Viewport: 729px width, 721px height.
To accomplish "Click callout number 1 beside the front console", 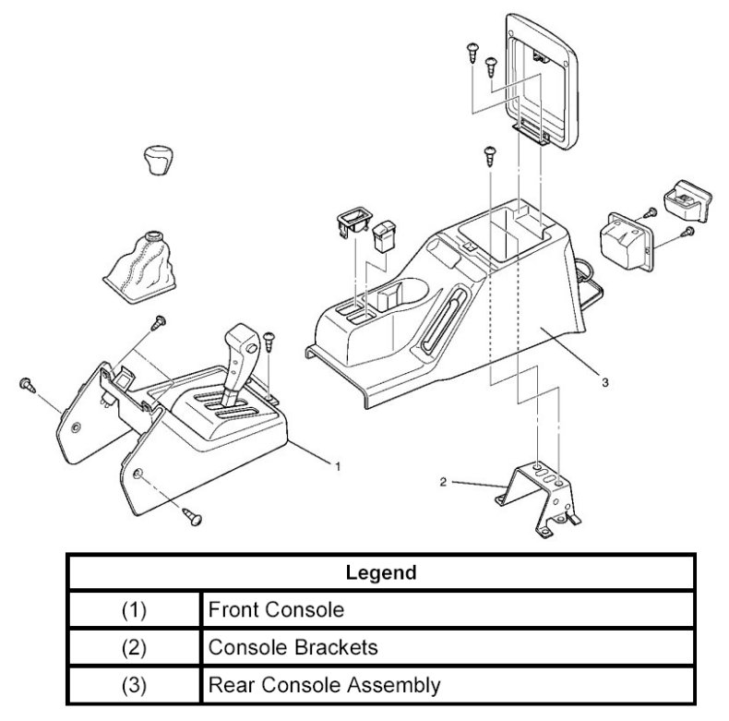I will [338, 467].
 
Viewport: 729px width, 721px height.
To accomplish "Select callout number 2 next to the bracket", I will [444, 482].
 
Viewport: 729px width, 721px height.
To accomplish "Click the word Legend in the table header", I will [380, 572].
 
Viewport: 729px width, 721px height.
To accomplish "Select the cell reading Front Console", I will [262, 610].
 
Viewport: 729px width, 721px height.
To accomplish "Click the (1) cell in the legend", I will [135, 610].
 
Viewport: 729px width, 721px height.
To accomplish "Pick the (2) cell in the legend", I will [135, 648].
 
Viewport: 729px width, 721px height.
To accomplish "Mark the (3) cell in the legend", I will [135, 686].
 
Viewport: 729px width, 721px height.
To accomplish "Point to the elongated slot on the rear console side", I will [441, 318].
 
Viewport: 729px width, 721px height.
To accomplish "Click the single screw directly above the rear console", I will [487, 154].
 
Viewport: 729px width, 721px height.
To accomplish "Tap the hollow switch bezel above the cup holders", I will [351, 221].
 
